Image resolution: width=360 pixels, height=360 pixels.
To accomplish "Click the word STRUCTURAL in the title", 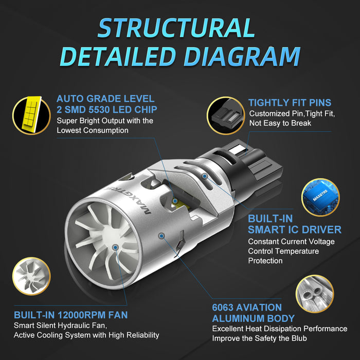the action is [176, 28].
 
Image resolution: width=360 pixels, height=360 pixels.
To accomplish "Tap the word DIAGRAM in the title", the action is [242, 57].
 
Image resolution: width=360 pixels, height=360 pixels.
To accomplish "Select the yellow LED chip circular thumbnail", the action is [31, 115].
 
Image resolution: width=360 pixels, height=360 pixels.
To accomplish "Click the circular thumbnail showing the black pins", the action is [226, 116].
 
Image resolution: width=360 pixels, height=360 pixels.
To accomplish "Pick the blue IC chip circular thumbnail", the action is [320, 197].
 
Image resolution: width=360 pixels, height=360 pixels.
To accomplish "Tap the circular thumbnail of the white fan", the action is [31, 276].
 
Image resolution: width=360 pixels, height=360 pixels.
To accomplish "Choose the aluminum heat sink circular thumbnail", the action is [315, 294].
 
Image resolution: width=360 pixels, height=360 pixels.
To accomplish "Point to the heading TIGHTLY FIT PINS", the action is [290, 103].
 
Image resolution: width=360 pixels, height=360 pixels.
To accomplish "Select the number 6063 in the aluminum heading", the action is [223, 308].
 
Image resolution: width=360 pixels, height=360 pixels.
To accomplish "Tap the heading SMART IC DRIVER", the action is [295, 229].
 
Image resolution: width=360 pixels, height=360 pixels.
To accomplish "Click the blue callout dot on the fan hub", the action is [116, 247].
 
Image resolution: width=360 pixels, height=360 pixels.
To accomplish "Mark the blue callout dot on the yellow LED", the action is [175, 201].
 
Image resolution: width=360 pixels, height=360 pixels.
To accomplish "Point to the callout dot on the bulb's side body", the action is [161, 236].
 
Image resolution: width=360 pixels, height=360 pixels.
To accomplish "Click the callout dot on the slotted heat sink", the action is [205, 176].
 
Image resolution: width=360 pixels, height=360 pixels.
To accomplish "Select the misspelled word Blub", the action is [299, 338].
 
